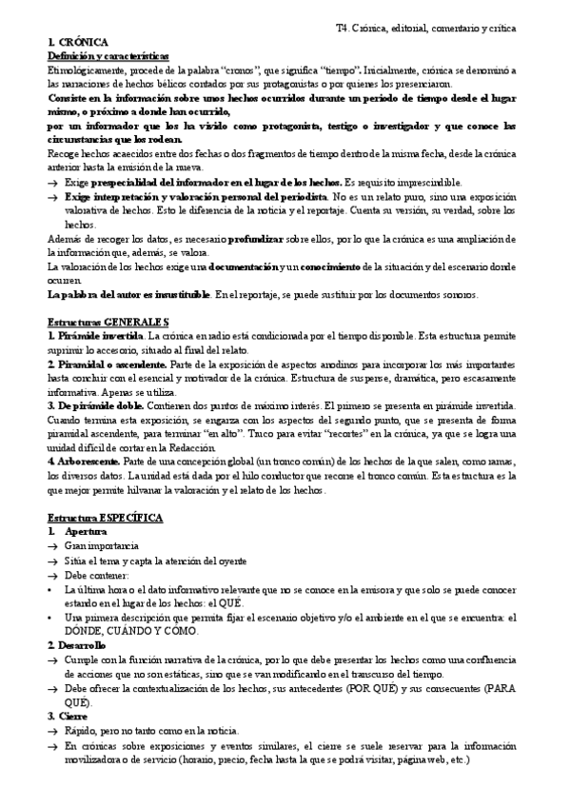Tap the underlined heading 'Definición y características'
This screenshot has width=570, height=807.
click(108, 57)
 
